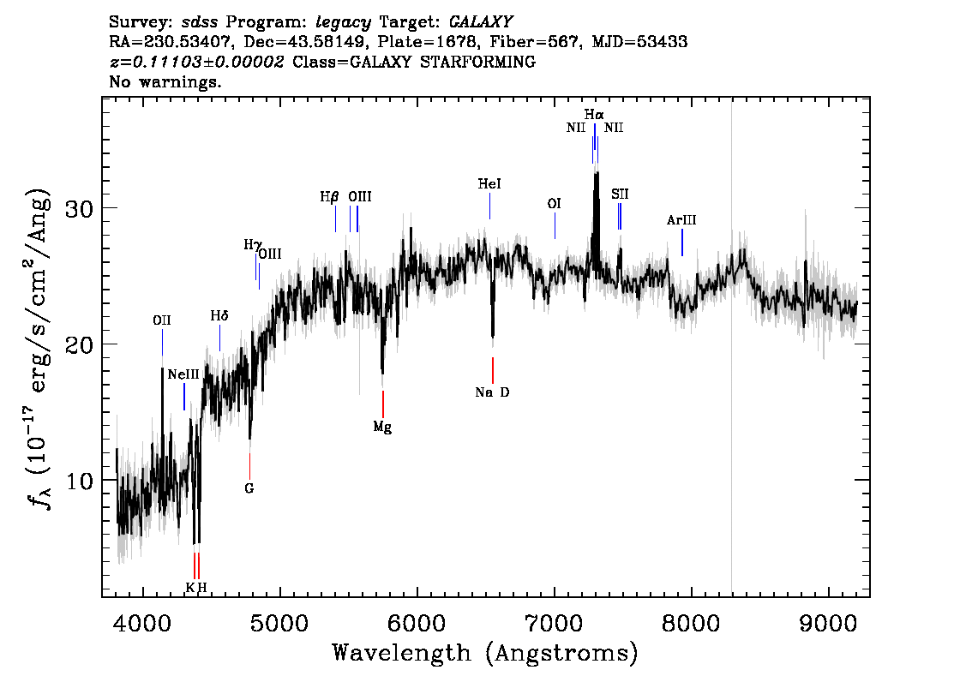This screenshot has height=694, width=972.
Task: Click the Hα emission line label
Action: coord(594,114)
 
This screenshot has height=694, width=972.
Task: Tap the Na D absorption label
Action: coord(492,392)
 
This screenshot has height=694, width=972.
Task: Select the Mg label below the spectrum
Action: coord(382,427)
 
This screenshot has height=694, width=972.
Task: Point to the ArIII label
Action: coord(681,220)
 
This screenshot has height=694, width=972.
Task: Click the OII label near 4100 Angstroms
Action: coord(161,320)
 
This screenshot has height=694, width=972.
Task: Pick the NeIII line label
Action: coord(183,374)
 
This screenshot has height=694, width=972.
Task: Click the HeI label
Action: coord(489,184)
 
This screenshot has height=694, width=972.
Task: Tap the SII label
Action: coord(620,194)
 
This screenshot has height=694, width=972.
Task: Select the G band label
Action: coord(249,488)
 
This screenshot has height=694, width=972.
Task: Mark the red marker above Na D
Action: coord(493,370)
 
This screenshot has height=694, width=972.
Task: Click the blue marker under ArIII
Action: coord(682,242)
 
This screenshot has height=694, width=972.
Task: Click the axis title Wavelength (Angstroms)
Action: coord(485,654)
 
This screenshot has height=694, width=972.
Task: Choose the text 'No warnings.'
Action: coord(166,83)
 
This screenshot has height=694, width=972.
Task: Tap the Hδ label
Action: coord(219,316)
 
